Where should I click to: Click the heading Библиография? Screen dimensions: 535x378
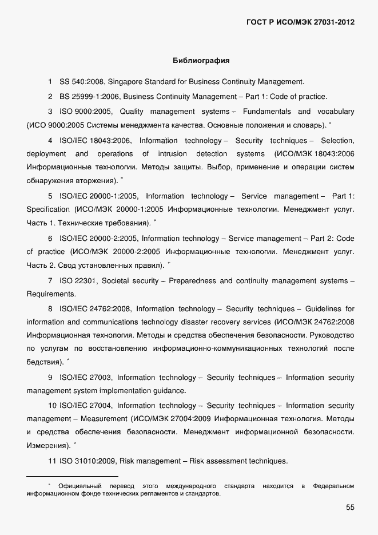tap(201, 60)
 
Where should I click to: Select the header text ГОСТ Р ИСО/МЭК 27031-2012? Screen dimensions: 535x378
tap(300, 22)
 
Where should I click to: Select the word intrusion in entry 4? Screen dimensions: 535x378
tap(172, 154)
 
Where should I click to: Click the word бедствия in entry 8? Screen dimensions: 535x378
tap(44, 362)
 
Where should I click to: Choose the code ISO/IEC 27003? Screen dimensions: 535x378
tap(86, 378)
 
